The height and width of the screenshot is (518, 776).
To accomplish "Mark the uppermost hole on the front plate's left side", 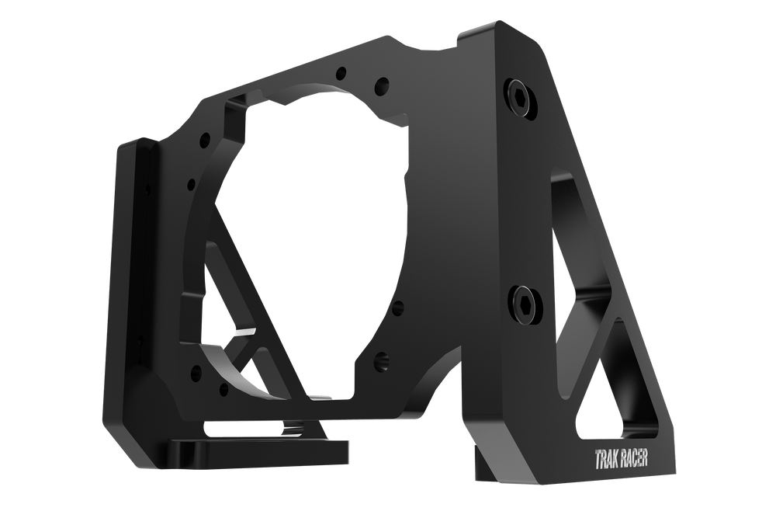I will tap(203, 140).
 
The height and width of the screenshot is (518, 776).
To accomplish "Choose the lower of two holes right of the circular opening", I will tap(380, 359).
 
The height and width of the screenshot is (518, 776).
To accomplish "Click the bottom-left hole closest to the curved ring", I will tap(223, 386).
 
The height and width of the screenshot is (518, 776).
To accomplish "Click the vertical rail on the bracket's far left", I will tap(128, 272).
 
